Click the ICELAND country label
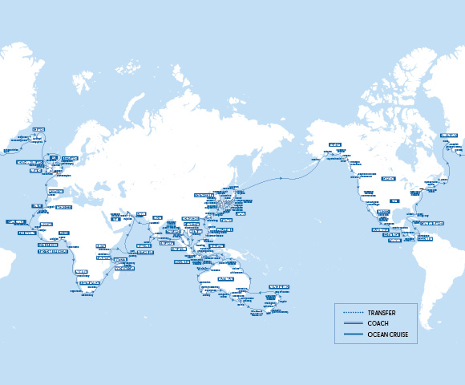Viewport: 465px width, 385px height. pos(38,128)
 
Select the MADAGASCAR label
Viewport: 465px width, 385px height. pos(121,260)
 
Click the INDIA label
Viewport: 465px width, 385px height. pos(157,217)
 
